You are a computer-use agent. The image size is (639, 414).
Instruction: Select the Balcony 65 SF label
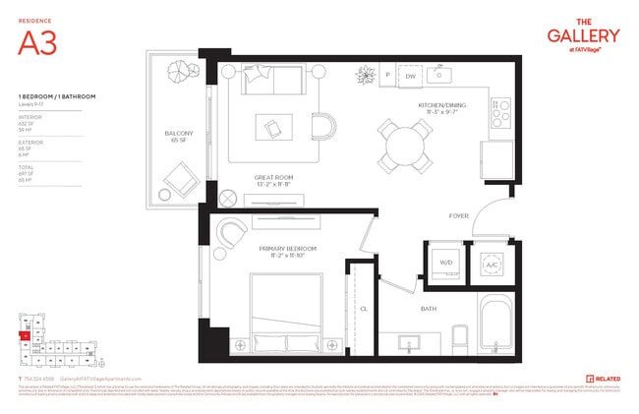177,137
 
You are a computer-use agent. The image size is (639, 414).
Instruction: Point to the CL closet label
363,307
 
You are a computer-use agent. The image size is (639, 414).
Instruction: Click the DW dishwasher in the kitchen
411,76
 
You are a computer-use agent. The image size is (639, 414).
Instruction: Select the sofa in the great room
274,81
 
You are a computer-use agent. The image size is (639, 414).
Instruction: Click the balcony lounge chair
178,179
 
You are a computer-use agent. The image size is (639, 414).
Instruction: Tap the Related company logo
603,378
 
